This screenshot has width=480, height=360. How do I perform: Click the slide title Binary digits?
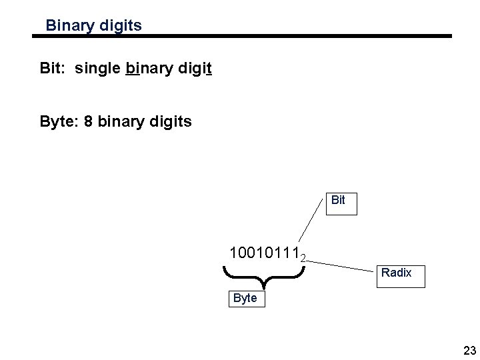pos(93,26)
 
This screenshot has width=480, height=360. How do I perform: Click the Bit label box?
pos(338,200)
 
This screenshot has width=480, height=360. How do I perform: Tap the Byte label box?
pos(245,298)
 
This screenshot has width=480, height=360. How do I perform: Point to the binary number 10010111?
pos(263,253)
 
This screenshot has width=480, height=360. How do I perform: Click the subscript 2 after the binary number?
pos(303,257)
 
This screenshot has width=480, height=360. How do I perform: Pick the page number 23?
pos(469,351)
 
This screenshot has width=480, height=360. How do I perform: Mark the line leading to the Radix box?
pos(340,266)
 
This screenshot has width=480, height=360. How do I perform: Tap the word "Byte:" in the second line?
pos(59,122)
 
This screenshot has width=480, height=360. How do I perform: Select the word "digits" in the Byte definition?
pos(173,122)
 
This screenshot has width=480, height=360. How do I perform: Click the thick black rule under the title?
pos(243,37)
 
